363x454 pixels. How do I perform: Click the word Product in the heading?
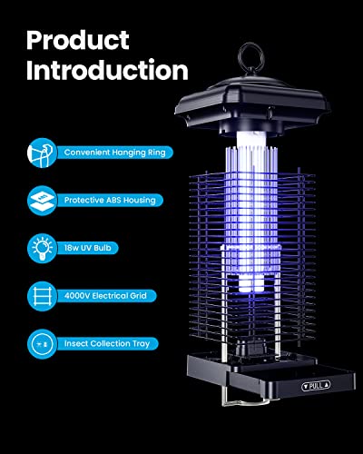click(x=78, y=40)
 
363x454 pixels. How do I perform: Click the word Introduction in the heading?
click(x=107, y=70)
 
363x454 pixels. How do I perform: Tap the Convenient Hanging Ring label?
click(x=115, y=153)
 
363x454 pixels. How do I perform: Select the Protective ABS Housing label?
click(x=110, y=200)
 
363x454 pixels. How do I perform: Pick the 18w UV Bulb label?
click(x=87, y=248)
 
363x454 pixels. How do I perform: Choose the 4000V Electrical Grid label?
click(x=105, y=296)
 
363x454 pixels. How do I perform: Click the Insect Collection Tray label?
click(x=107, y=343)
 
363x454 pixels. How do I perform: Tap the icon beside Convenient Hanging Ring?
click(x=42, y=153)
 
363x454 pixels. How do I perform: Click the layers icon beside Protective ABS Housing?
click(x=42, y=201)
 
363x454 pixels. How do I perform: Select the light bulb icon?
click(x=42, y=248)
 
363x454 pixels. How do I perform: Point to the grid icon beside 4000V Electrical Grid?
click(x=42, y=296)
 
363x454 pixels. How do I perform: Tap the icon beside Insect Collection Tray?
click(x=42, y=344)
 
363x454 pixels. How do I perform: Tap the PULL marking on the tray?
click(x=316, y=386)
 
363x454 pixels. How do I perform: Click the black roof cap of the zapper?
click(x=252, y=103)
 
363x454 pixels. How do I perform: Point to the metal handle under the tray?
click(x=245, y=402)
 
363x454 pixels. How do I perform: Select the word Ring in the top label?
click(x=157, y=153)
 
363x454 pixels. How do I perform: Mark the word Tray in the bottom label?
click(x=142, y=344)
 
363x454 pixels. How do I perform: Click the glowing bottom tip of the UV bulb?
click(x=251, y=285)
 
